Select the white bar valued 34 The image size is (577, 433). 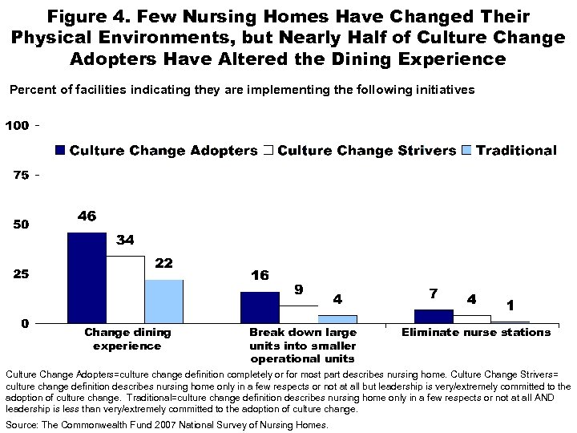(126, 289)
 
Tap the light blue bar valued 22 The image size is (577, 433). (164, 301)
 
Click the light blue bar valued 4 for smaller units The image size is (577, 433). (337, 319)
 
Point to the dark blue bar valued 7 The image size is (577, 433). (434, 316)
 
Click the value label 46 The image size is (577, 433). (87, 216)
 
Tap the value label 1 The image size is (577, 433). (510, 306)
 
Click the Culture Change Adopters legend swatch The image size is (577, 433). (60, 151)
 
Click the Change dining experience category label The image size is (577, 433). (127, 339)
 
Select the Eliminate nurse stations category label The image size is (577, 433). (476, 332)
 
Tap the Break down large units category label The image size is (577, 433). (302, 345)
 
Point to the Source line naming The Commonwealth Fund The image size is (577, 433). (167, 425)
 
